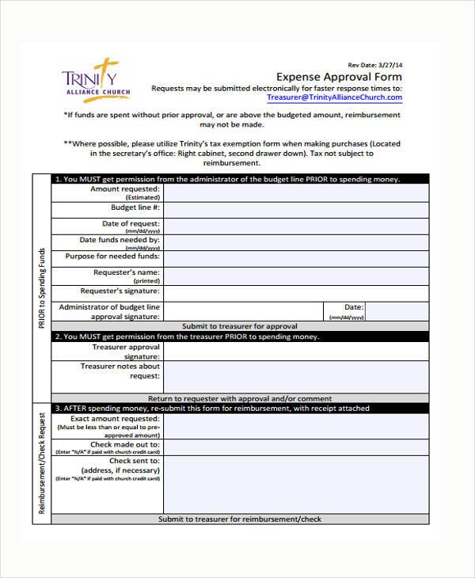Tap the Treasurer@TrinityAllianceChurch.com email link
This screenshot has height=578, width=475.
click(334, 98)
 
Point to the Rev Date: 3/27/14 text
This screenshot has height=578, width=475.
click(375, 65)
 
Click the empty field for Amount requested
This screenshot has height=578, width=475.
click(295, 193)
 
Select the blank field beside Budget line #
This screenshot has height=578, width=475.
click(295, 210)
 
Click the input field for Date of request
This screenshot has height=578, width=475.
click(295, 226)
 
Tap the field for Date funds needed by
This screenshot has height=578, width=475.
click(295, 243)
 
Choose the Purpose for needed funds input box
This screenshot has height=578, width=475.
click(295, 260)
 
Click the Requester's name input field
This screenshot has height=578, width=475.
click(295, 276)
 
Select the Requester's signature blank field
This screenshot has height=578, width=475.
click(295, 293)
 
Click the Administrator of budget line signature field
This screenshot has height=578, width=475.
click(241, 311)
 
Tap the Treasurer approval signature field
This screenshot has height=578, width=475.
click(295, 352)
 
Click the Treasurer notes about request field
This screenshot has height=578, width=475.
click(295, 377)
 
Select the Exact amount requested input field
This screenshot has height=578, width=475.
click(295, 427)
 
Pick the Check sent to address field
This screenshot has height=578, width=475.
click(295, 484)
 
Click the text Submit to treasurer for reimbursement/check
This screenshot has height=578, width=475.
click(240, 519)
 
